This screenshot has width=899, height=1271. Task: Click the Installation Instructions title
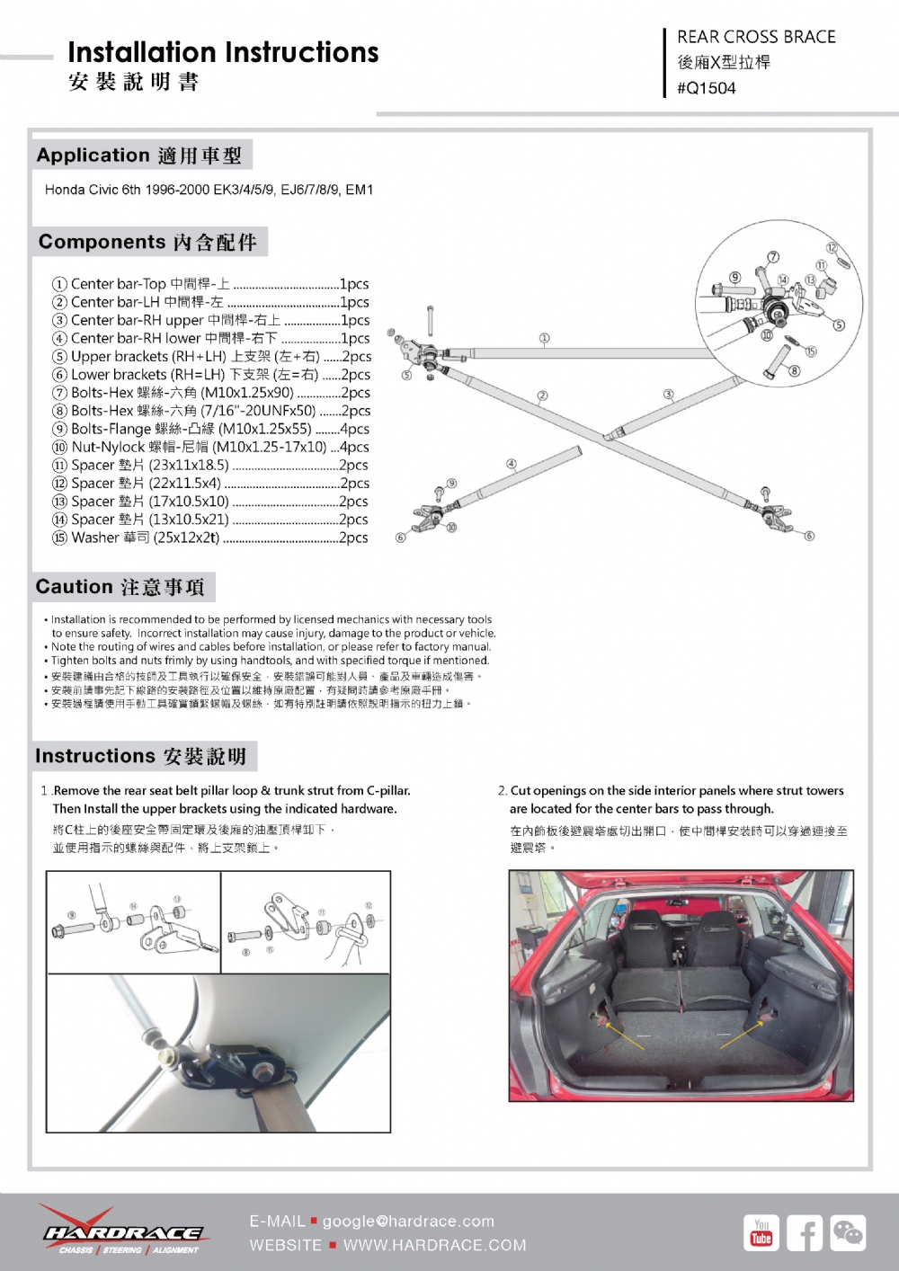[x=223, y=52]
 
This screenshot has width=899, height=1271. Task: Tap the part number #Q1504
[x=707, y=88]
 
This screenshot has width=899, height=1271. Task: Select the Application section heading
[x=139, y=156]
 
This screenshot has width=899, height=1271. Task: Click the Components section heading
[x=147, y=242]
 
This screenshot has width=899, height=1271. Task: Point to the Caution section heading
[x=120, y=587]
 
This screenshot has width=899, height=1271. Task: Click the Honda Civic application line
[x=209, y=190]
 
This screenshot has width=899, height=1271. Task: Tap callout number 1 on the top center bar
[x=544, y=339]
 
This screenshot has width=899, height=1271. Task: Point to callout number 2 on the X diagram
[x=542, y=396]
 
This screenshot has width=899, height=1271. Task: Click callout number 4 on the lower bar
[x=512, y=464]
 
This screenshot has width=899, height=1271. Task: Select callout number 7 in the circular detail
[x=772, y=257]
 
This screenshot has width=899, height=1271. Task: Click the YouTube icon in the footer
[x=761, y=1232]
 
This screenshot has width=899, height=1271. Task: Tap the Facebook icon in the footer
[x=805, y=1232]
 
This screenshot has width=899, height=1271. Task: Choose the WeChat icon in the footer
[x=848, y=1232]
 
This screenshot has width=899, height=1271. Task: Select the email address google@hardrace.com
[x=408, y=1221]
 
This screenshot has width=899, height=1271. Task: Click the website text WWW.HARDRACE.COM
[x=434, y=1245]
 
